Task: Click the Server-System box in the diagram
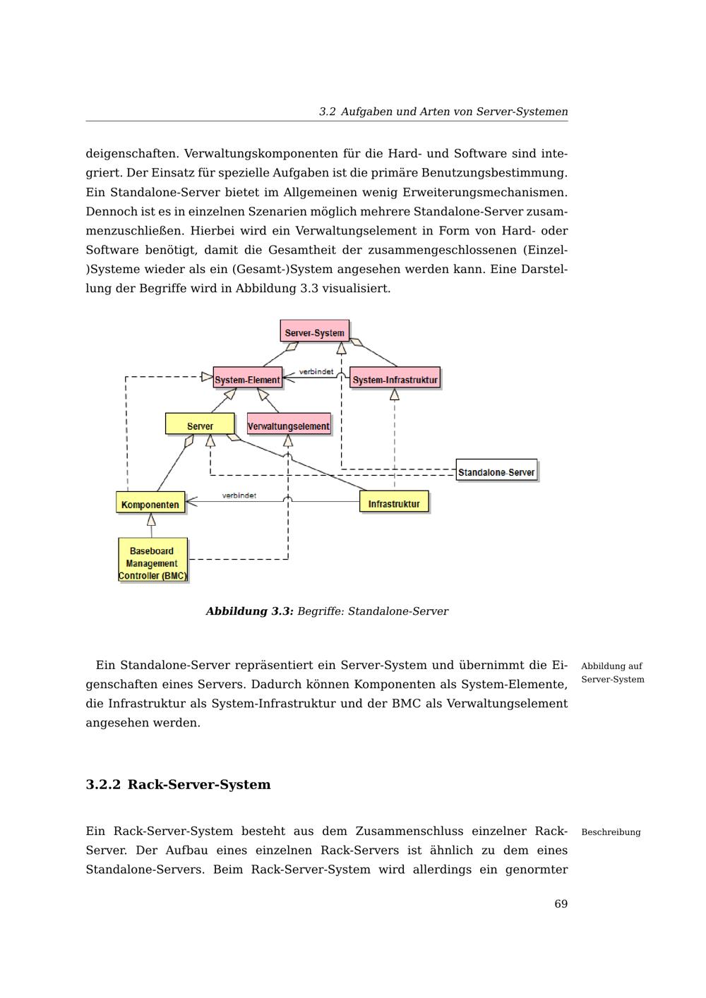point(314,332)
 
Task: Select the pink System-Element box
point(247,379)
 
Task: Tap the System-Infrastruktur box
point(395,379)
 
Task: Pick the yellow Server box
point(200,425)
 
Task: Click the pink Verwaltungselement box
point(289,425)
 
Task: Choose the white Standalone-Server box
point(496,471)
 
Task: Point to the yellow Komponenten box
point(150,503)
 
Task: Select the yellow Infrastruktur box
point(394,503)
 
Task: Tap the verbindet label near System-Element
point(316,371)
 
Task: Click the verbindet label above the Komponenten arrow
point(239,495)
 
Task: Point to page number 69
point(561,904)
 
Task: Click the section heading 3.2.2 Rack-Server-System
point(178,785)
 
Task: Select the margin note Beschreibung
point(611,832)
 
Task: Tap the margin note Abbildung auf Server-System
point(612,673)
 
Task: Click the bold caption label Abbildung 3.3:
point(249,611)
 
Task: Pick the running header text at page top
point(443,112)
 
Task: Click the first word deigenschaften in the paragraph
point(131,154)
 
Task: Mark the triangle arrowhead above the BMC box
point(151,520)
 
